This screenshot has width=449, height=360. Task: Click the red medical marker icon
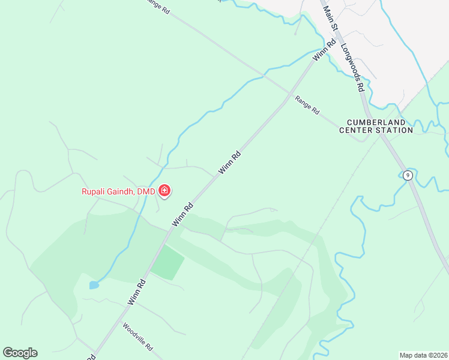(x=164, y=191)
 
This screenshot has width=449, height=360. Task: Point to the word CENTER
(x=357, y=130)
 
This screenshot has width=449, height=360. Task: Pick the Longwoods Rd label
(x=353, y=67)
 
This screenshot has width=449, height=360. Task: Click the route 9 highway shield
(x=408, y=175)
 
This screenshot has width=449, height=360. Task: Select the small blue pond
(x=94, y=285)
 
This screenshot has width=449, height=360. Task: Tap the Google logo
(x=20, y=353)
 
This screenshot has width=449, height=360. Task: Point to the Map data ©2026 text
(x=423, y=355)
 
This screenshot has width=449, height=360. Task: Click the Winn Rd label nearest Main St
(x=324, y=50)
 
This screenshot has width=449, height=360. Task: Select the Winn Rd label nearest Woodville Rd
(x=137, y=292)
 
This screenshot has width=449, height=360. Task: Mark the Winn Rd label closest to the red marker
(x=182, y=214)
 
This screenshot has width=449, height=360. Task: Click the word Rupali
(x=95, y=192)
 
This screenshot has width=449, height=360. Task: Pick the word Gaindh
(x=122, y=192)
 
